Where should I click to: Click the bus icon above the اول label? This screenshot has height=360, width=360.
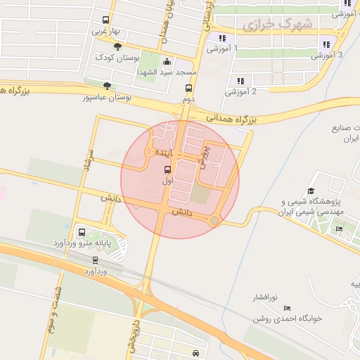tap(167, 169)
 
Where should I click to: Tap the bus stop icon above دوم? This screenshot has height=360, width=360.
tap(188, 88)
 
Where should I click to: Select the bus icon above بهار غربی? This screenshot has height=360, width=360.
tap(105, 20)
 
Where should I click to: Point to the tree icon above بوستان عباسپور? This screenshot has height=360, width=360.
tap(107, 85)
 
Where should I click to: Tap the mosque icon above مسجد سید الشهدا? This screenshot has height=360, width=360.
tap(165, 61)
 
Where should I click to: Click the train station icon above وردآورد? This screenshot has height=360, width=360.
tap(95, 259)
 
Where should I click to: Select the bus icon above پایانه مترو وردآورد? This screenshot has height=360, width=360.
tap(82, 231)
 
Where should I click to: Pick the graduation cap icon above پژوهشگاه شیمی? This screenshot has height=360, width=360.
tap(311, 191)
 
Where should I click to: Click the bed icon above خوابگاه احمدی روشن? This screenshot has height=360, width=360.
tap(286, 308)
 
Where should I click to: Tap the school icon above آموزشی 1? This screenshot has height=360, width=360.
tap(222, 38)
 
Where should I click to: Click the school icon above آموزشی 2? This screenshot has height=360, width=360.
tap(240, 80)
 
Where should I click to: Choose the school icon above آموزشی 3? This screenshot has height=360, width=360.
tap(326, 43)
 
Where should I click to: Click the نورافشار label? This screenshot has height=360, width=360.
tap(271, 297)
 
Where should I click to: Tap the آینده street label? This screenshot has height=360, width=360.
tap(161, 152)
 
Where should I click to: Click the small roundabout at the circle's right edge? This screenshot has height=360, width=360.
tap(214, 221)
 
